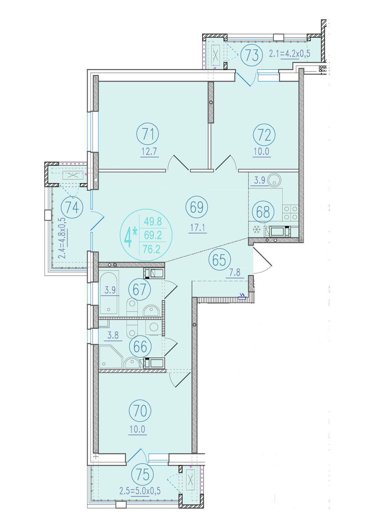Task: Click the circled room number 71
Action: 148,134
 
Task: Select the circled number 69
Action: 197,207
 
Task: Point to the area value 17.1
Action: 198,228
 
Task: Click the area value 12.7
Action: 149,151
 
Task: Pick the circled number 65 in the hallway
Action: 220,260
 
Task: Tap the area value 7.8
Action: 235,272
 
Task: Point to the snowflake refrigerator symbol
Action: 257,230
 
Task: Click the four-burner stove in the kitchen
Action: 290,213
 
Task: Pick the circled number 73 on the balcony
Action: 252,55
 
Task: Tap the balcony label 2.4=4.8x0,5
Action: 63,238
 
